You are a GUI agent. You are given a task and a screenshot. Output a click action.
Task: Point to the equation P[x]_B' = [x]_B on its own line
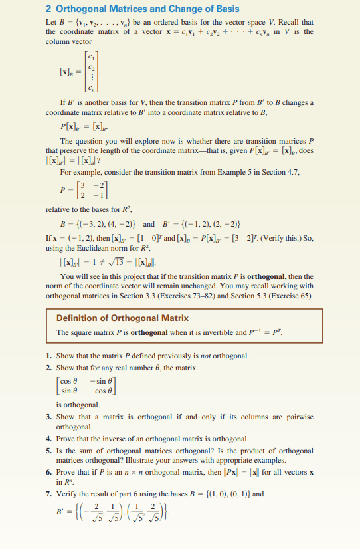[x=83, y=126]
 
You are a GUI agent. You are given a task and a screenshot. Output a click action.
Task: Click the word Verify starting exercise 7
[x=68, y=494]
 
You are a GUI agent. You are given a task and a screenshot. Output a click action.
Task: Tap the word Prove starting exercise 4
[x=66, y=439]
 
